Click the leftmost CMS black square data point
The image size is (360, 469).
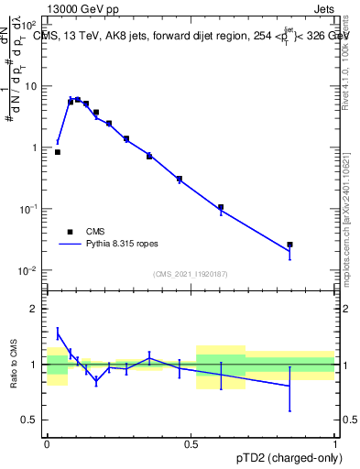click(x=58, y=152)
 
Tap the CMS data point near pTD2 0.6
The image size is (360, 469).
click(x=221, y=207)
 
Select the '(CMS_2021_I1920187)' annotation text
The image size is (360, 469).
click(x=190, y=274)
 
